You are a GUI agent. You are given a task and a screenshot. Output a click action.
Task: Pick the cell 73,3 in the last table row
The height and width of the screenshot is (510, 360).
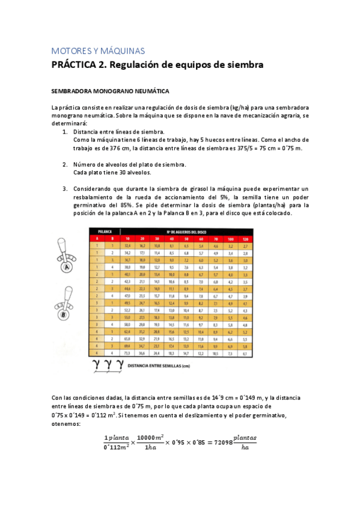click(127, 352)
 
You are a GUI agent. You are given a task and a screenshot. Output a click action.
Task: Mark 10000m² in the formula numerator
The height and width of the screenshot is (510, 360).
click(151, 437)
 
